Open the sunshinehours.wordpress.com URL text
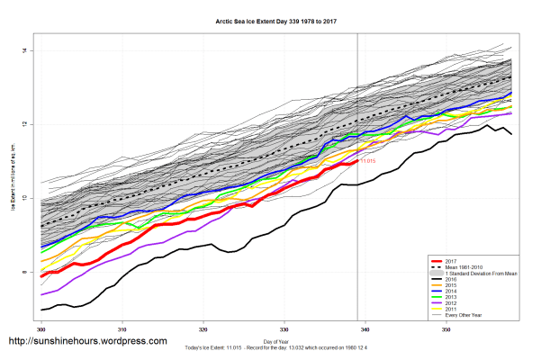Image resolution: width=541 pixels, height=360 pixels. pos(87,342)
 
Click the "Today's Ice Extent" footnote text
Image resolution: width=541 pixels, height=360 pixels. pos(276,347)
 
